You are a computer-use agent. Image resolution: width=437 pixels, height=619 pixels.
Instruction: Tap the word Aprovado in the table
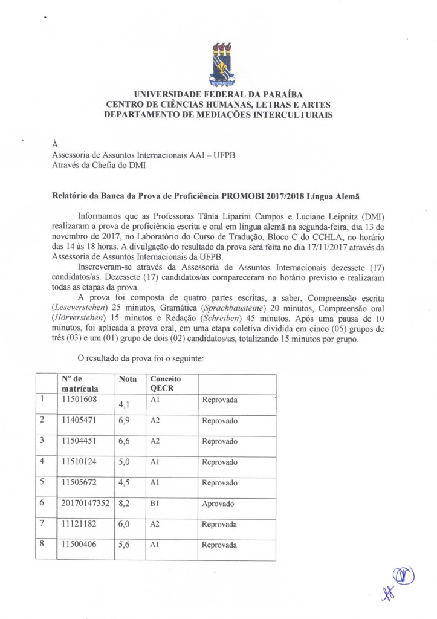point(218,504)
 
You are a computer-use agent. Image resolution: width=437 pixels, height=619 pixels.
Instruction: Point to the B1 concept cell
point(155,503)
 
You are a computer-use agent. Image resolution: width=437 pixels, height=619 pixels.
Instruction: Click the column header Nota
point(128,379)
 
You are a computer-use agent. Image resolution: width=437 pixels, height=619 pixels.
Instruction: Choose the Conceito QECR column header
point(166,383)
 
